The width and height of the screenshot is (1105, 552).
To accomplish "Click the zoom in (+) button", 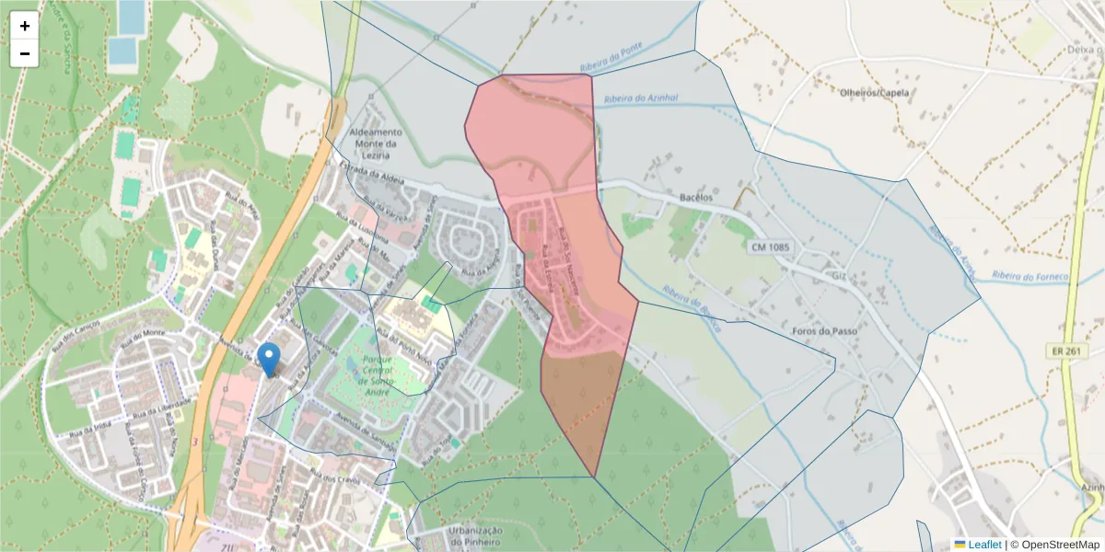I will click(x=25, y=26).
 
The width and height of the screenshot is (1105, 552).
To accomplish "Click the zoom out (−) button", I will click(x=25, y=53).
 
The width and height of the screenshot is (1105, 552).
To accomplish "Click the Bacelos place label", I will click(x=696, y=198).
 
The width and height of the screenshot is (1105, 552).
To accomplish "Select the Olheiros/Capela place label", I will click(x=875, y=93).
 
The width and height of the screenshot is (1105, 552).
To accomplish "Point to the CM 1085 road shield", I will click(x=770, y=247).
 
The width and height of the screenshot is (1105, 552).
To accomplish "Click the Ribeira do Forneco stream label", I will click(x=1029, y=275).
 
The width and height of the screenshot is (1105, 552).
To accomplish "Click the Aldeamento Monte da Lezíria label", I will click(x=376, y=144).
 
